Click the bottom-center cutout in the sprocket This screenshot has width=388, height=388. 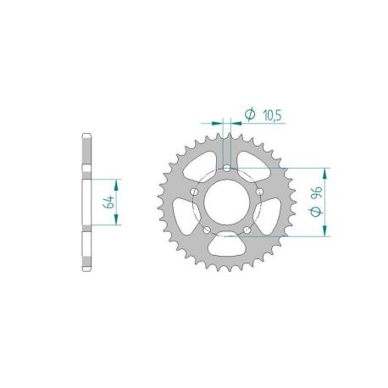tap(229, 247)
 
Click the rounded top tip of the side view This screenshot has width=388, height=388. tap(87, 136)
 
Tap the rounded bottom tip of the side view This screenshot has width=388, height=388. tap(87, 269)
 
